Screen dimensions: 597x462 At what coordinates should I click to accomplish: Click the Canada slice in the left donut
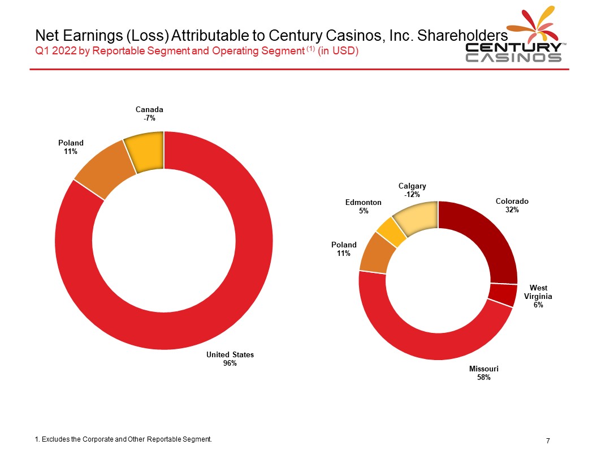146,152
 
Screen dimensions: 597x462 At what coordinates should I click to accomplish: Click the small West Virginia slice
503,294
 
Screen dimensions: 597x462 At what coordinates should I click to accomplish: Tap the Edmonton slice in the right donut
392,232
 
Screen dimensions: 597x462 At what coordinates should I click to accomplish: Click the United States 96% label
230,359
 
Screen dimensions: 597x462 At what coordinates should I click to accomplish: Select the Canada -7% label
149,114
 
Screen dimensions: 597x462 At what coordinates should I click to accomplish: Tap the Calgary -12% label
412,190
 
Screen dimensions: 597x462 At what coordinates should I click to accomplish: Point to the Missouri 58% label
483,373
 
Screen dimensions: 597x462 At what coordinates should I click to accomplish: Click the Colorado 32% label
512,205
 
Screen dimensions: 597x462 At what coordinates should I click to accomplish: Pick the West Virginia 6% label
538,296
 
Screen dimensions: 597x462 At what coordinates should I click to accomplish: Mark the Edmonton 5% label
363,206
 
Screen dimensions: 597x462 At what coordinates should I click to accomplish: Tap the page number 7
548,440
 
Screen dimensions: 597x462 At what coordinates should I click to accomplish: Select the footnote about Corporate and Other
123,439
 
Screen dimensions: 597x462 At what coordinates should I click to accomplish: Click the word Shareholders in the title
462,36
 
